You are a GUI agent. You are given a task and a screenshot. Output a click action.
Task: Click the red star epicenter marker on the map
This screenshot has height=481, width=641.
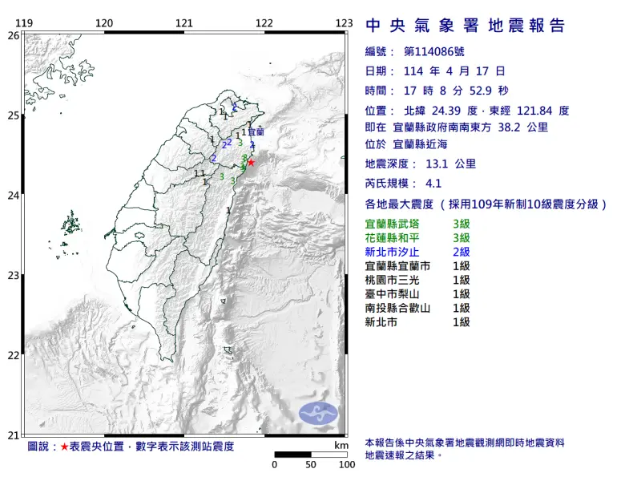[x=251, y=162]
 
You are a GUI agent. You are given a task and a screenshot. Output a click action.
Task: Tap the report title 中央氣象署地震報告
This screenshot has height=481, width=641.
[x=466, y=26]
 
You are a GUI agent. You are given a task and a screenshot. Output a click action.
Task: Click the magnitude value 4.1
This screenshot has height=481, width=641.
[x=434, y=183]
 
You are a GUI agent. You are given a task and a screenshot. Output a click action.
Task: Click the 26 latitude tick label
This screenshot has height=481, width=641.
[x=13, y=36]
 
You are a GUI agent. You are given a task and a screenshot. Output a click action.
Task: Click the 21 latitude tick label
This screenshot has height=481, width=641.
[x=13, y=435]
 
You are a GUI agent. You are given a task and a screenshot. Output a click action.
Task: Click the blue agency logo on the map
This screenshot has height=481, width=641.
[x=319, y=413]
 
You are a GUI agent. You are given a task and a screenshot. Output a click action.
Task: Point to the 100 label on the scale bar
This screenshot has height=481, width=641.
[x=346, y=464]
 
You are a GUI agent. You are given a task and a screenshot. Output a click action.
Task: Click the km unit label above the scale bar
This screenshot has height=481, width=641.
[x=341, y=445]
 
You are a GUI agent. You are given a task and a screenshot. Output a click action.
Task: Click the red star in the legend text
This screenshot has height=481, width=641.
[x=65, y=446]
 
